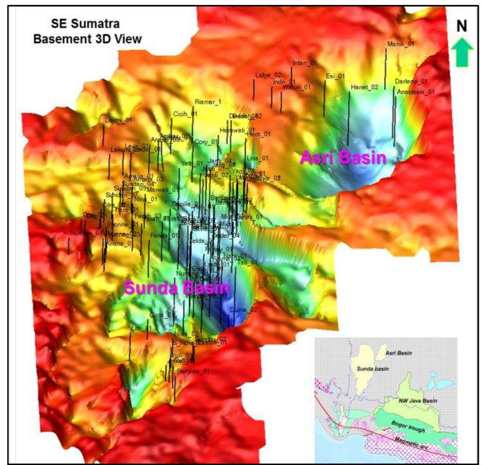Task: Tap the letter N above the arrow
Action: (x=461, y=26)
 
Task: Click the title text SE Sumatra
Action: (x=85, y=24)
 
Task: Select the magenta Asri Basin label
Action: (x=343, y=158)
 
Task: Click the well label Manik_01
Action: (x=400, y=44)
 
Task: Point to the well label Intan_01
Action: (x=305, y=63)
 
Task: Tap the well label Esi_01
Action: (x=335, y=76)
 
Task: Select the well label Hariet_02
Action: (x=364, y=87)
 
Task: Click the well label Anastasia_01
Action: (x=416, y=92)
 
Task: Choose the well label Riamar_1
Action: (x=208, y=102)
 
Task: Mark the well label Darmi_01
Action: (x=118, y=120)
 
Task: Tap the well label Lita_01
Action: (x=141, y=328)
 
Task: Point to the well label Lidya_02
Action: (x=268, y=75)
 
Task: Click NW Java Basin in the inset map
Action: (x=418, y=400)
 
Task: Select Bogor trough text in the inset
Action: (x=408, y=427)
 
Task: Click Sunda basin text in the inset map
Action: (x=372, y=369)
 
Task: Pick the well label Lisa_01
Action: (x=257, y=158)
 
